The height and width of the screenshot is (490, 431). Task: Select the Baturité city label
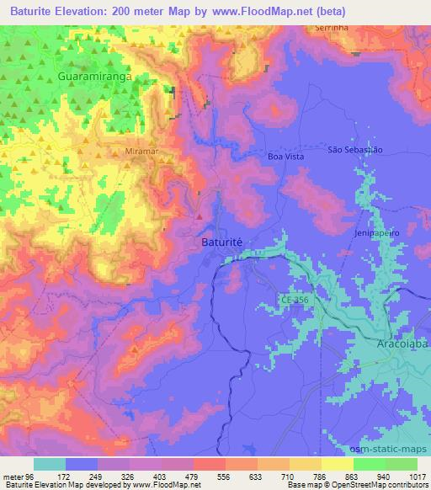coord(222,242)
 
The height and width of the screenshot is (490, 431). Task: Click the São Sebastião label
coord(355,149)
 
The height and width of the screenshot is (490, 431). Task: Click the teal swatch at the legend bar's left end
coord(50,464)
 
